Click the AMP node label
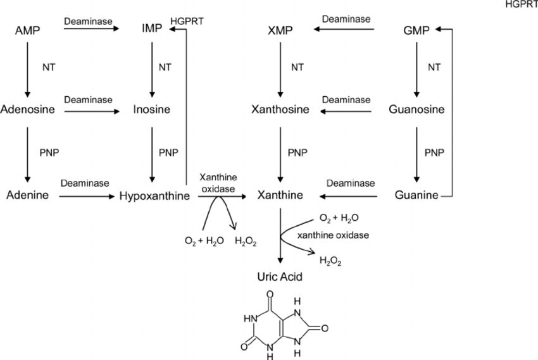point(27,30)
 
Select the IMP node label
point(152,29)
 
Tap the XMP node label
point(280,30)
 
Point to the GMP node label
point(416,30)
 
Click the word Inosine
point(152,109)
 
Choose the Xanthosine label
point(280,109)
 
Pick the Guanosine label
point(416,109)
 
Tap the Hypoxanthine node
point(154,196)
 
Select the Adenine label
point(27,195)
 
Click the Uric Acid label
point(280,276)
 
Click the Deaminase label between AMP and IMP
point(88,21)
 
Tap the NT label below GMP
point(434,67)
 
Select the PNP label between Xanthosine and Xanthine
point(297,152)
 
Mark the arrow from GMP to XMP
point(342,29)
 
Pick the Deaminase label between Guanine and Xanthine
point(351,183)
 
